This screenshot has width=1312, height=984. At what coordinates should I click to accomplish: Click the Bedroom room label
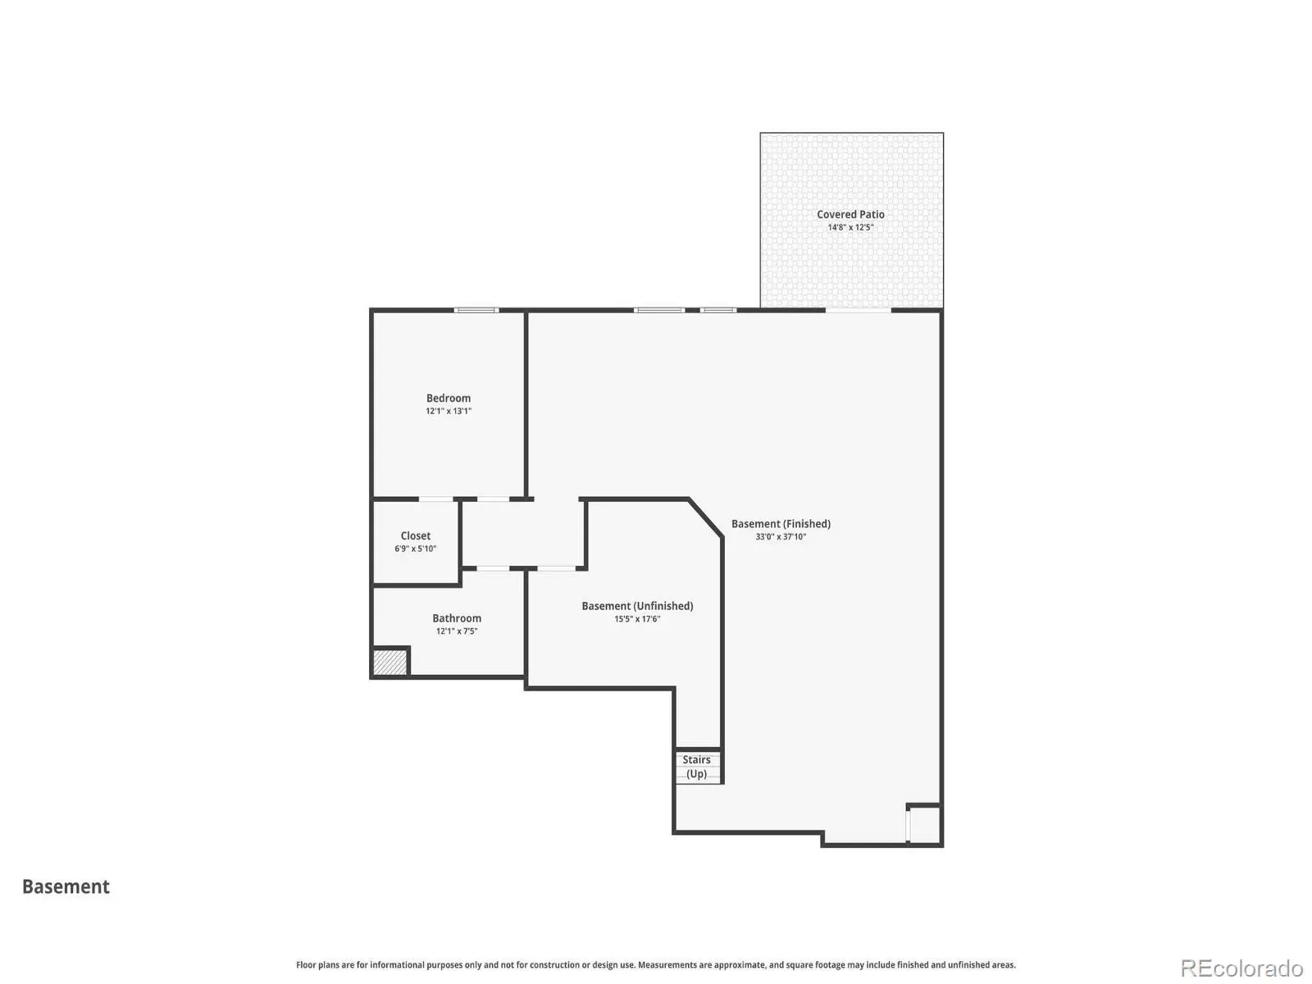(448, 398)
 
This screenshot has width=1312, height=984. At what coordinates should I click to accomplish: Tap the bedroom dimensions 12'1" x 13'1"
(449, 411)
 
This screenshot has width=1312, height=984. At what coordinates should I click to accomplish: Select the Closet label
(416, 536)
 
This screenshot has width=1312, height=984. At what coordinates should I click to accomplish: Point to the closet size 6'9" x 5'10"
(416, 549)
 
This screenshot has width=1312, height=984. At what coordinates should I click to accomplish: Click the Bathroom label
(457, 618)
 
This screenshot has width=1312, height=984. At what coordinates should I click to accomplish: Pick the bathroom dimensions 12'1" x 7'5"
(457, 631)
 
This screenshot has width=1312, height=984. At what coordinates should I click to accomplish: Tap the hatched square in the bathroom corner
(390, 663)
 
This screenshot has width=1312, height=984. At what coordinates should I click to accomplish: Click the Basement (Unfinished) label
(637, 606)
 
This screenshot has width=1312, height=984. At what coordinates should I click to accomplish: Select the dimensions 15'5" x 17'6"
(637, 619)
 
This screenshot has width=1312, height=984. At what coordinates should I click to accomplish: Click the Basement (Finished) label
(781, 524)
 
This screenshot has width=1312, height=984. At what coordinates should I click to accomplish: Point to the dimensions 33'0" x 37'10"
(781, 536)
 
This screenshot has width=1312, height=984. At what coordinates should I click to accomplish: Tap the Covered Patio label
(850, 215)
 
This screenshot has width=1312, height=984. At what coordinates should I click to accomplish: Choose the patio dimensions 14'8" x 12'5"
(850, 227)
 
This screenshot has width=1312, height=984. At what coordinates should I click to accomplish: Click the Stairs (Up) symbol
(698, 767)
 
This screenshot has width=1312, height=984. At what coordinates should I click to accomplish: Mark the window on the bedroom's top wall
(476, 310)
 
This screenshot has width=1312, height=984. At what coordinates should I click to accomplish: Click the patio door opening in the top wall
(859, 310)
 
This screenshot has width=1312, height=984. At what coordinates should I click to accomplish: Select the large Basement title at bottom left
(66, 886)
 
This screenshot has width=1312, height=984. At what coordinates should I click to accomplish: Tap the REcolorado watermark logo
(1241, 968)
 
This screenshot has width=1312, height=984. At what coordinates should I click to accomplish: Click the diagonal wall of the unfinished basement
(706, 518)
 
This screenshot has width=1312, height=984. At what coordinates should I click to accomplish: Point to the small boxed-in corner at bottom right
(924, 824)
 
